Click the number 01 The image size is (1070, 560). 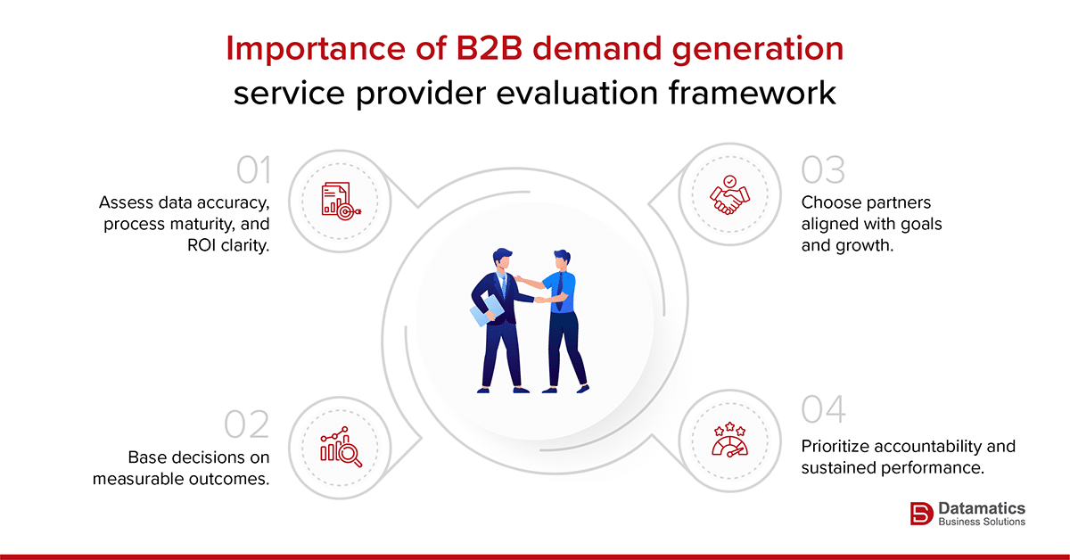[x=252, y=169]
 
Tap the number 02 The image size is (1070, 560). [x=247, y=425]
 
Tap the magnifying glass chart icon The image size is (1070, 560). [x=340, y=448]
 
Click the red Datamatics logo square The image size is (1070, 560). [x=920, y=514]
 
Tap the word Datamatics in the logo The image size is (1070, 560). [x=981, y=507]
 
